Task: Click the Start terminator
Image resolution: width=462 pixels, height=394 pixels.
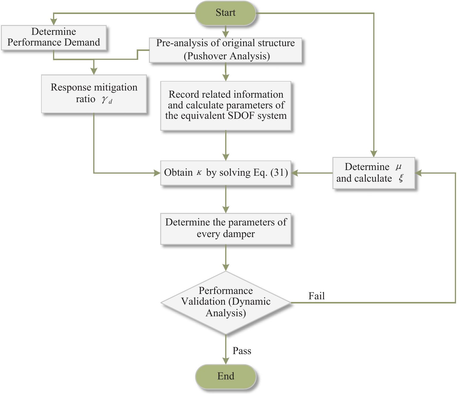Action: (x=225, y=13)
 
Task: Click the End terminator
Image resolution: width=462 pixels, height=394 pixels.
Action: (x=225, y=376)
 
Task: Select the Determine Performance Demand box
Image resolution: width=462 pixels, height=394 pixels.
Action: (x=54, y=37)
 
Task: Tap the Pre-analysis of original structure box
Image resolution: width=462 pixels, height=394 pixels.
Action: (x=225, y=50)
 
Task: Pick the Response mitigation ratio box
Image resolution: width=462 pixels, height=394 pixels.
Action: (x=94, y=94)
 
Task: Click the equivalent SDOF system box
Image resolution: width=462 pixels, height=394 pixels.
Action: (x=225, y=105)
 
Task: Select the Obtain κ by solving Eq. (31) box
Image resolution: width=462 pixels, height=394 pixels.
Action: (x=225, y=173)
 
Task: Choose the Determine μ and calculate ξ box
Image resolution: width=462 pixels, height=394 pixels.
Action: (x=373, y=173)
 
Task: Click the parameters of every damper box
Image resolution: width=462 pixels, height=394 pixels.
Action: (x=225, y=228)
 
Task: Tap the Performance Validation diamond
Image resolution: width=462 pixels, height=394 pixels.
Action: (x=225, y=302)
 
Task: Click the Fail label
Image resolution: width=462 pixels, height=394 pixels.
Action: (x=316, y=296)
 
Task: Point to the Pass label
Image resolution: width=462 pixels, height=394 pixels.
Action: (x=242, y=351)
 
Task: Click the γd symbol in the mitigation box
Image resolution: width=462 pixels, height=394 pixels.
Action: (x=107, y=100)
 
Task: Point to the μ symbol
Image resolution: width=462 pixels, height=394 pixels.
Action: (x=398, y=167)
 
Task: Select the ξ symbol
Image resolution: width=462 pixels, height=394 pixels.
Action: (x=401, y=178)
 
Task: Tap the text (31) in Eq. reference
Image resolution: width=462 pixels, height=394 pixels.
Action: (x=279, y=172)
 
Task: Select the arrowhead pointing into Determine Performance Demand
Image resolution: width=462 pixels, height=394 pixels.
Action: (x=54, y=22)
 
